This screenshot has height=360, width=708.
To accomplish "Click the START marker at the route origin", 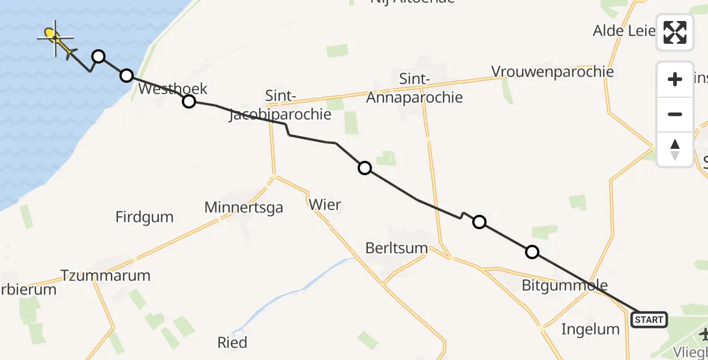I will pyautogui.click(x=649, y=320).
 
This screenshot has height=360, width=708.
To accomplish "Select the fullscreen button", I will pyautogui.click(x=675, y=32).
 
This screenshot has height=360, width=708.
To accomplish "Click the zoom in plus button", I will pyautogui.click(x=675, y=79).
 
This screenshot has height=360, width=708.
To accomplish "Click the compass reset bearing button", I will pyautogui.click(x=675, y=149).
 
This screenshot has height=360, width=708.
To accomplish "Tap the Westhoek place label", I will pyautogui.click(x=173, y=89).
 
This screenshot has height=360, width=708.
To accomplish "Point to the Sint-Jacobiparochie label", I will pyautogui.click(x=280, y=105).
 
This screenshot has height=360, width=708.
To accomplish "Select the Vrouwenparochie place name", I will pyautogui.click(x=553, y=72).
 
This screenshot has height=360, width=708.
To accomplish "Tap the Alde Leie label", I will pyautogui.click(x=624, y=31).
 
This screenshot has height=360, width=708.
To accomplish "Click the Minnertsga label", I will pyautogui.click(x=244, y=208).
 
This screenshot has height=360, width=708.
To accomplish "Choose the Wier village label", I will pyautogui.click(x=325, y=205).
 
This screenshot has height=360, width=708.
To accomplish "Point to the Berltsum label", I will pyautogui.click(x=397, y=248).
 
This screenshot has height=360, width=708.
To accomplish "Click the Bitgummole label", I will pyautogui.click(x=565, y=286).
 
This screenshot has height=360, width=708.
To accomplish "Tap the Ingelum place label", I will pyautogui.click(x=590, y=329).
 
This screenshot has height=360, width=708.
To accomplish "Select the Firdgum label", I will pyautogui.click(x=145, y=217).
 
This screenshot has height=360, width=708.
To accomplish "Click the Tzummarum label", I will pyautogui.click(x=106, y=276).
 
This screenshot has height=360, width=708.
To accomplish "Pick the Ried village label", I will pyautogui.click(x=232, y=343).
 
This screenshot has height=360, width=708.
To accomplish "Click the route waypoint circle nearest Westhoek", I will pyautogui.click(x=189, y=101).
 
